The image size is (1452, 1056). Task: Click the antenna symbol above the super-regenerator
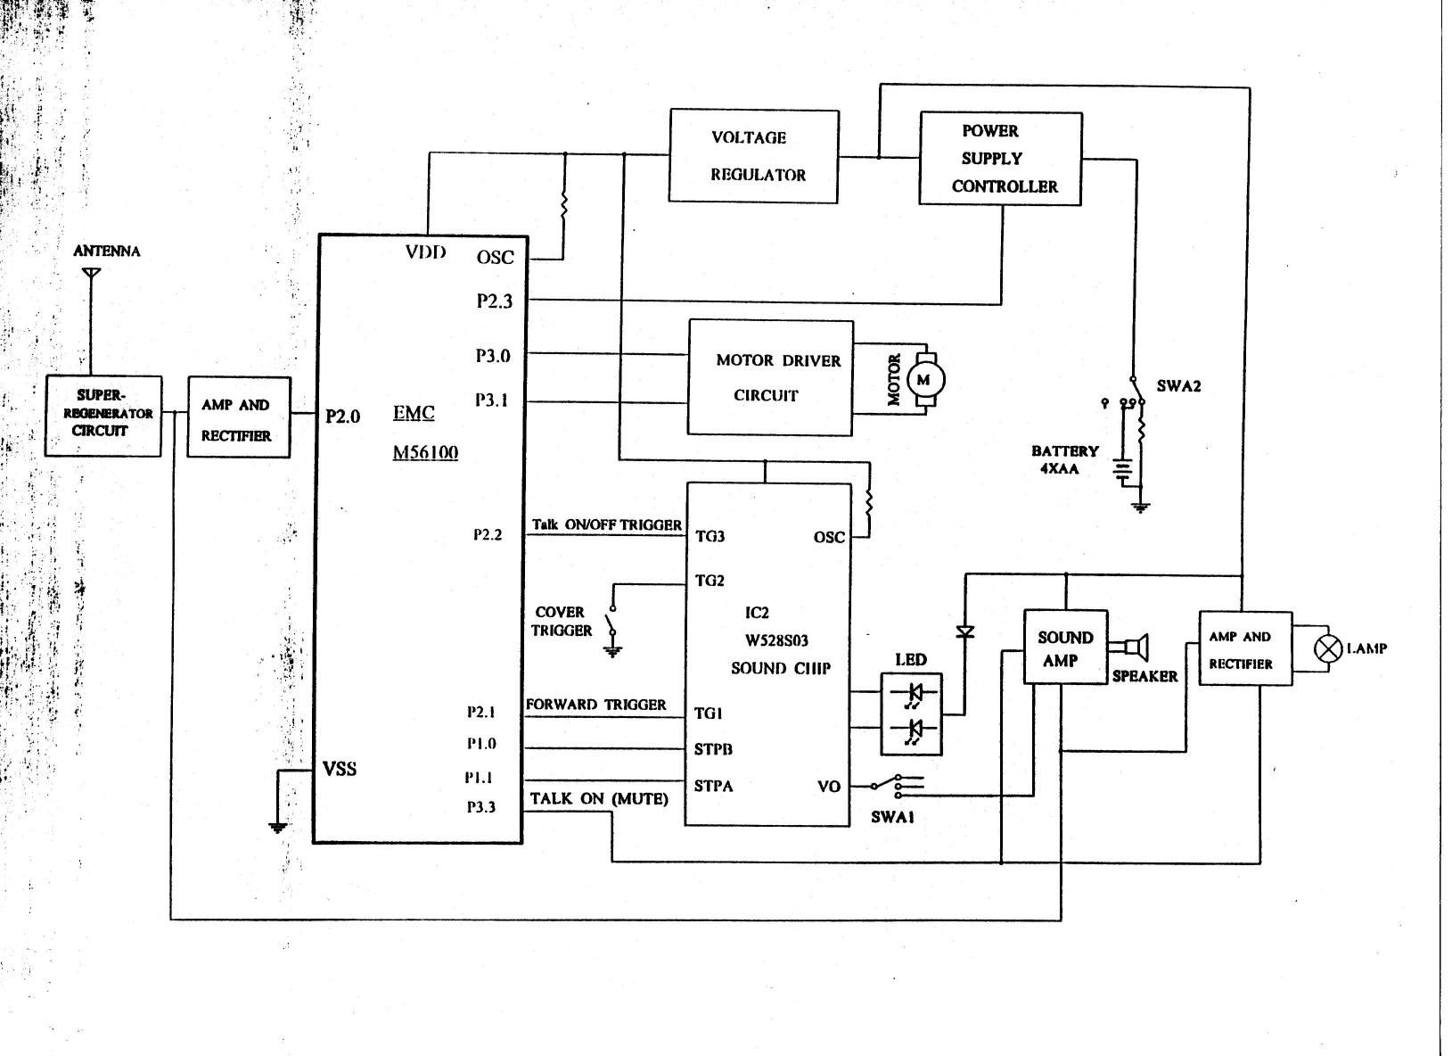[x=92, y=273]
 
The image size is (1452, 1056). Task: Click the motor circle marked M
[x=925, y=381]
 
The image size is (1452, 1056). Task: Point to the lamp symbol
[x=1328, y=648]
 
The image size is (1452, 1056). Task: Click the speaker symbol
[x=1129, y=647]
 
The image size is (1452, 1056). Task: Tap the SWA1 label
[x=892, y=817]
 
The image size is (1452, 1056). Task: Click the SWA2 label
[x=1178, y=386]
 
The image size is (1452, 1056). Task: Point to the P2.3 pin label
[x=495, y=301]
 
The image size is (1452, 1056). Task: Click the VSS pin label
[x=340, y=769]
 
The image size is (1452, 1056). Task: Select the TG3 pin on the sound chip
[x=710, y=536]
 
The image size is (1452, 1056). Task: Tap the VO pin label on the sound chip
[x=829, y=787]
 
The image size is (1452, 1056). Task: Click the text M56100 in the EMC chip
[x=425, y=452]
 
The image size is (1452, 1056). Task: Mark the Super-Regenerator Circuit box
[x=103, y=416]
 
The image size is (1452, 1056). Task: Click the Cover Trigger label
[x=562, y=622]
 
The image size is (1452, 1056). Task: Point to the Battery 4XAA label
[x=1064, y=460]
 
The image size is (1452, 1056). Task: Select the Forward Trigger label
[x=595, y=705]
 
